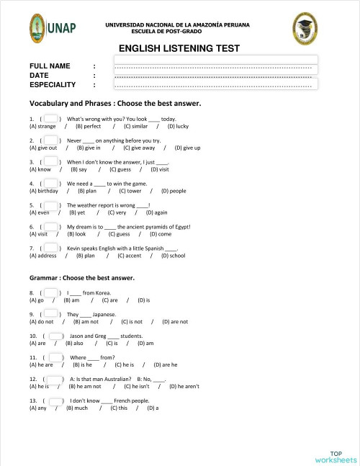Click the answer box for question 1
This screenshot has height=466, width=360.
(x=50, y=118)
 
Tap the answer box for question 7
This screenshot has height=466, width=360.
(x=50, y=247)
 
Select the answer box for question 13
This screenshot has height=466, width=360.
(x=55, y=400)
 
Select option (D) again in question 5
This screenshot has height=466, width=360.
(x=156, y=212)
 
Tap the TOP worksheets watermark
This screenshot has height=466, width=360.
(x=335, y=456)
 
